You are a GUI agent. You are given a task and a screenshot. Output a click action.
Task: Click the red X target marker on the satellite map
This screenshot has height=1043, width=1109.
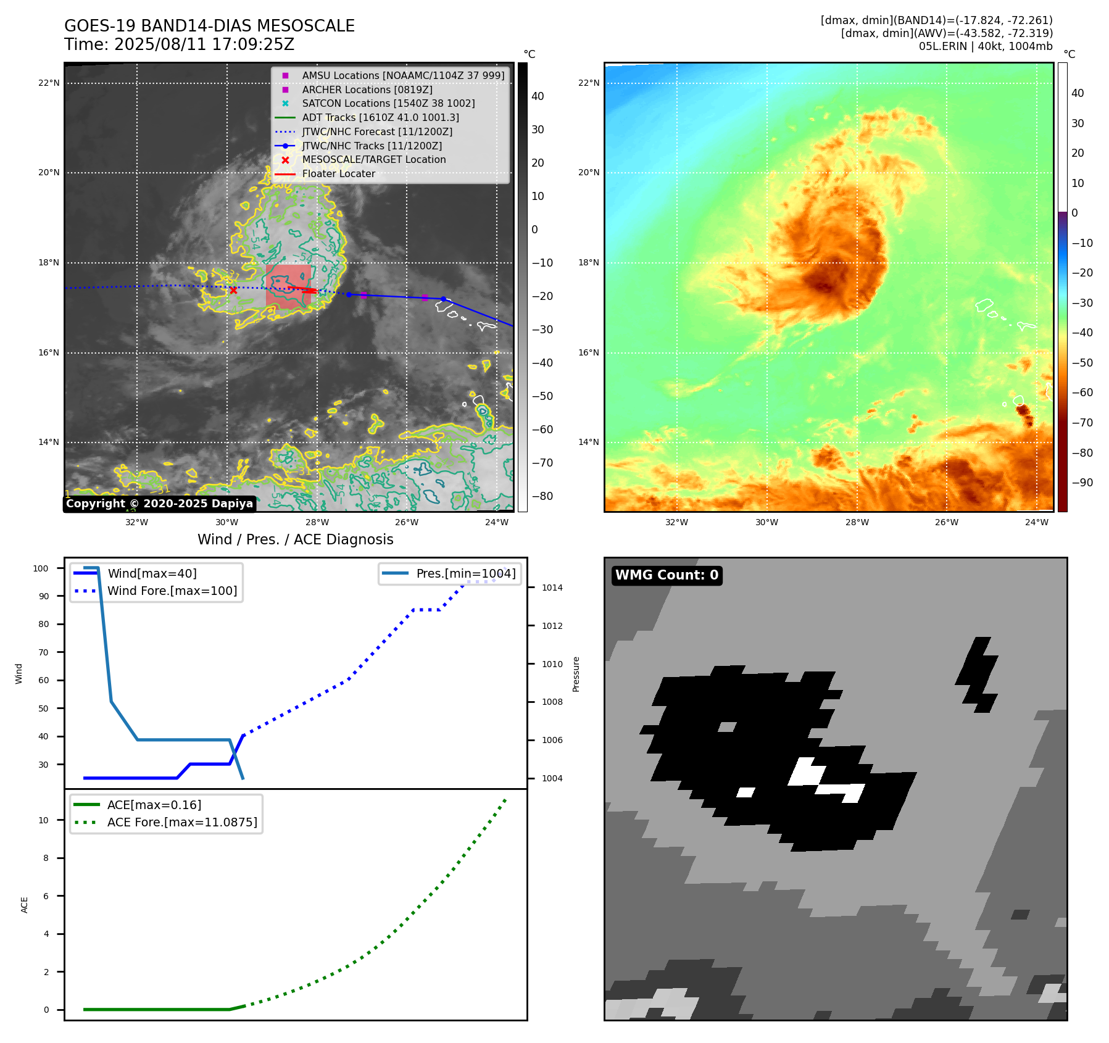point(233,290)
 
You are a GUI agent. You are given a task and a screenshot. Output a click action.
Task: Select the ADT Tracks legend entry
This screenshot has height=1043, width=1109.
point(380,117)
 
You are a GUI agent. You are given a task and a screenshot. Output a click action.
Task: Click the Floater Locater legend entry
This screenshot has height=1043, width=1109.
point(338,174)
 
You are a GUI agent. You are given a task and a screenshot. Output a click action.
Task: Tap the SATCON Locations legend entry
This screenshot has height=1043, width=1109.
point(388,104)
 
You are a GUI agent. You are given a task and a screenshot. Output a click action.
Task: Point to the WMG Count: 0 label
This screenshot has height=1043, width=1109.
point(667,575)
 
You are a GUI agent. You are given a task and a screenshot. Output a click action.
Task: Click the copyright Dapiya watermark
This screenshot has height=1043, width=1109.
point(159,504)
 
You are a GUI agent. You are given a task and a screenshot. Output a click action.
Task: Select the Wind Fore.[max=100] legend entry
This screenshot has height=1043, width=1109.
point(172,591)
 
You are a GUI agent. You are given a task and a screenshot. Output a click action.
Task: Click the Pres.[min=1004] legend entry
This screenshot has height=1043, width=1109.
point(465,573)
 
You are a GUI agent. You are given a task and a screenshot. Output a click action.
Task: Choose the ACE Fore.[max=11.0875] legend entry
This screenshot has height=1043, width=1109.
point(182,822)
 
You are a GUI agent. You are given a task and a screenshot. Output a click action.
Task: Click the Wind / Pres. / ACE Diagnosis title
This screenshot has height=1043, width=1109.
point(295,539)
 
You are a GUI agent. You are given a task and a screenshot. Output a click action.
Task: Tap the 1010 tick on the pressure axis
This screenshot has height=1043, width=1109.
point(552,664)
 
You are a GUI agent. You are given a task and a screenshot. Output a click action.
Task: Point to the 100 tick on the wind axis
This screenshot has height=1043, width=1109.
point(41,568)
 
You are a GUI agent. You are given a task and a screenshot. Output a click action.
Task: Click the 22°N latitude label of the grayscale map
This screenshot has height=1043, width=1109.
point(49,83)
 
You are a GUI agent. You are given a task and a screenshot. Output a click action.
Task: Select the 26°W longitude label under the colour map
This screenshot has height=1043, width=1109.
point(946,522)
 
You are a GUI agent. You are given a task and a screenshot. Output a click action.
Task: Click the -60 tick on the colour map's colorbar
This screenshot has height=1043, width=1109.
point(1082,393)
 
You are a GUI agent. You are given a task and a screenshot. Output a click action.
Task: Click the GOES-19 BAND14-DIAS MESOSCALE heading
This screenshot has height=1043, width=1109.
point(209,26)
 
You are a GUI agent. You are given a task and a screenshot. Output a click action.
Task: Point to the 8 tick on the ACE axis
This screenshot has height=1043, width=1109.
point(46,858)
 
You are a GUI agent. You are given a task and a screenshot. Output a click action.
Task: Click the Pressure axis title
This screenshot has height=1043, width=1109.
point(576,674)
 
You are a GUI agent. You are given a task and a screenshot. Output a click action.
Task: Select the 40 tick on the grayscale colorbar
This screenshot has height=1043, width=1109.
point(537,96)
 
